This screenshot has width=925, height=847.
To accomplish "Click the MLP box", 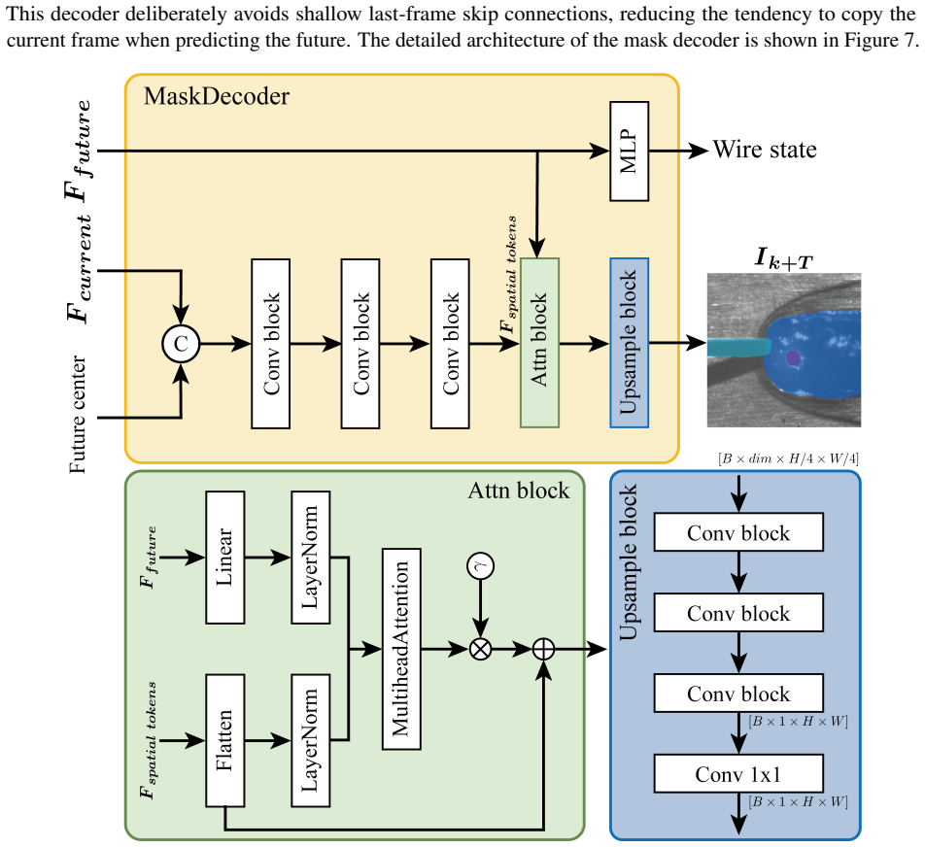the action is click(x=630, y=151).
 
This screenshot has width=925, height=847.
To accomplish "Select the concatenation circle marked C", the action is click(x=181, y=344).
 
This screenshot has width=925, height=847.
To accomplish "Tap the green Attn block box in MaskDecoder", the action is click(x=539, y=343).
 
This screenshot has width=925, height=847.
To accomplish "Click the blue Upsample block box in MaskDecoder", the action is click(x=630, y=343).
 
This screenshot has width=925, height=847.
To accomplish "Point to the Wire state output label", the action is click(x=765, y=150).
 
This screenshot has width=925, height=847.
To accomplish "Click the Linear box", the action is click(x=224, y=558).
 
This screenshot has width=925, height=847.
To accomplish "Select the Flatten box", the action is click(x=224, y=740).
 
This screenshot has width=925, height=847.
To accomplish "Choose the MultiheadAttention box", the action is click(x=401, y=649).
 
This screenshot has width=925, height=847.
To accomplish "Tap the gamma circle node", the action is click(x=480, y=566).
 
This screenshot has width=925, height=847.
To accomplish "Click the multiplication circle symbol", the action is click(x=480, y=650).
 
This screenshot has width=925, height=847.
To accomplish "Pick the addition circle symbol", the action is click(x=543, y=650).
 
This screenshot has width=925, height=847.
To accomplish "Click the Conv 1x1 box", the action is click(x=738, y=774).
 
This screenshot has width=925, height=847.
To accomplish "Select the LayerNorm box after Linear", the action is click(x=310, y=558).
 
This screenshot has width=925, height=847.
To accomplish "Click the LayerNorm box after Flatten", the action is click(x=310, y=740).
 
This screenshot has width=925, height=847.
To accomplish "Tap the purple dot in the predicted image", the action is click(x=793, y=357).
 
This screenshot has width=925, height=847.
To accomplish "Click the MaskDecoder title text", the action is click(x=217, y=96).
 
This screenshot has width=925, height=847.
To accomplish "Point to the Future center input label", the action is click(x=78, y=414).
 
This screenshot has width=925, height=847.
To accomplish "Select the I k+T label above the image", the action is click(x=783, y=258).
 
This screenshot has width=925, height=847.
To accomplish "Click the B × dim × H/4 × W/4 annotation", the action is click(x=788, y=458).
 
